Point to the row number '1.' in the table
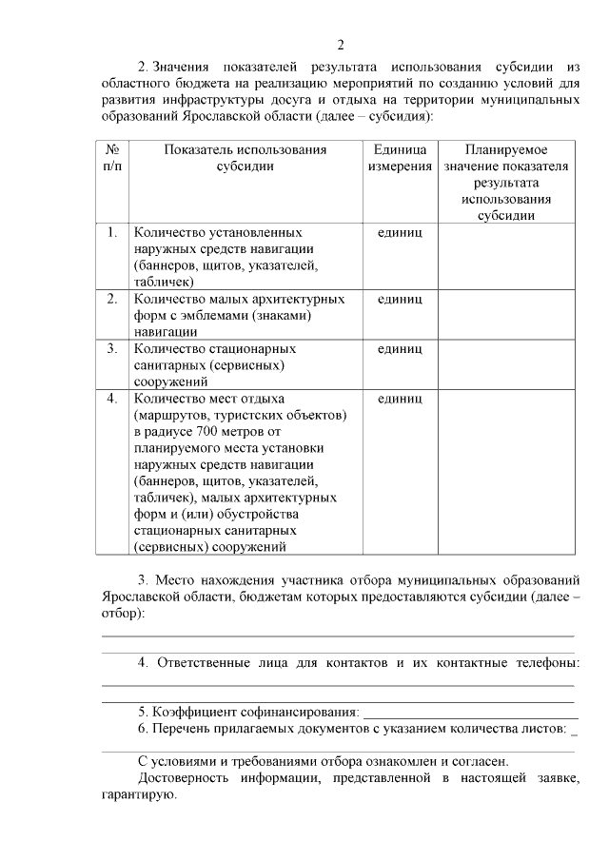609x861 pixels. click(x=112, y=232)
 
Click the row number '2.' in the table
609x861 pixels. click(x=112, y=299)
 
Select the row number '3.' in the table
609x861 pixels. click(x=112, y=349)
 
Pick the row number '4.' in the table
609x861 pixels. click(x=112, y=399)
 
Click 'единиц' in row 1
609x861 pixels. click(x=400, y=232)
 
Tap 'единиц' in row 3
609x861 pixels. click(x=400, y=349)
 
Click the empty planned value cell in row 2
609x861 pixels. click(x=505, y=314)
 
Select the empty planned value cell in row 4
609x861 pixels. click(x=505, y=471)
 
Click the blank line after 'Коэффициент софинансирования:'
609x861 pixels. click(x=471, y=714)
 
